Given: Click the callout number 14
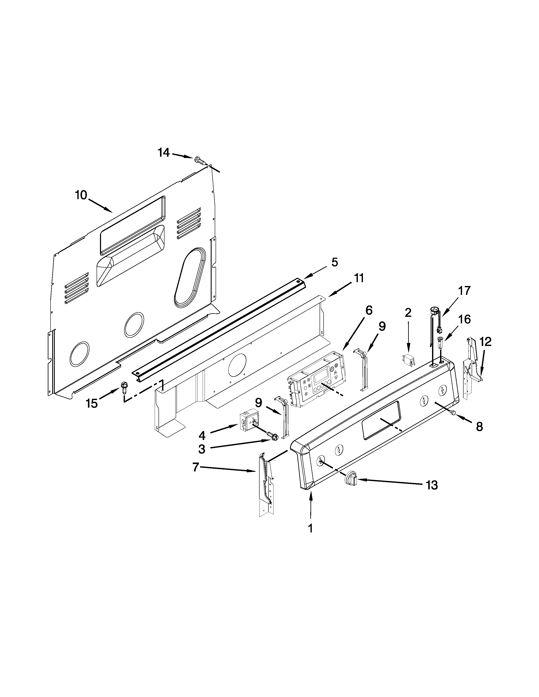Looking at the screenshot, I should coord(164,153).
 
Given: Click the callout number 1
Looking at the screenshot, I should coord(310,528).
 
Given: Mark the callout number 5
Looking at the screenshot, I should coord(334,262).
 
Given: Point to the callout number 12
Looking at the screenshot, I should coord(485,342).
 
